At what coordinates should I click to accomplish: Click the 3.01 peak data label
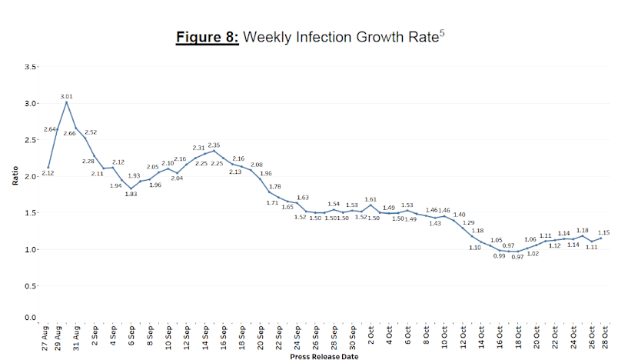pos(67,96)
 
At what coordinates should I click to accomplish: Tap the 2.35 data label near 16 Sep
pos(214,145)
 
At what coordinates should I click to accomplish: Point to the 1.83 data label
pos(131,194)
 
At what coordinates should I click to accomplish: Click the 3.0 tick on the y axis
pos(31,104)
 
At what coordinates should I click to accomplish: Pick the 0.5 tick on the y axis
pos(31,286)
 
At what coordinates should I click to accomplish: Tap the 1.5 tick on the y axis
pos(31,213)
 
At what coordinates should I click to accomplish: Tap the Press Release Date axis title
pos(324,356)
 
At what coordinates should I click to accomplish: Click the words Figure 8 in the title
pos(207,38)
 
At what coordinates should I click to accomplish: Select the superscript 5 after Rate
pos(442,33)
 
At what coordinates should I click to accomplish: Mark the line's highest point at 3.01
pos(67,102)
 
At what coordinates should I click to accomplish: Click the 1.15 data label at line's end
pos(604,232)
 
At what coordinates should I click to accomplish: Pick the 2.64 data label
pos(51,128)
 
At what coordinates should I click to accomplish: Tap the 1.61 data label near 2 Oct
pos(371,199)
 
